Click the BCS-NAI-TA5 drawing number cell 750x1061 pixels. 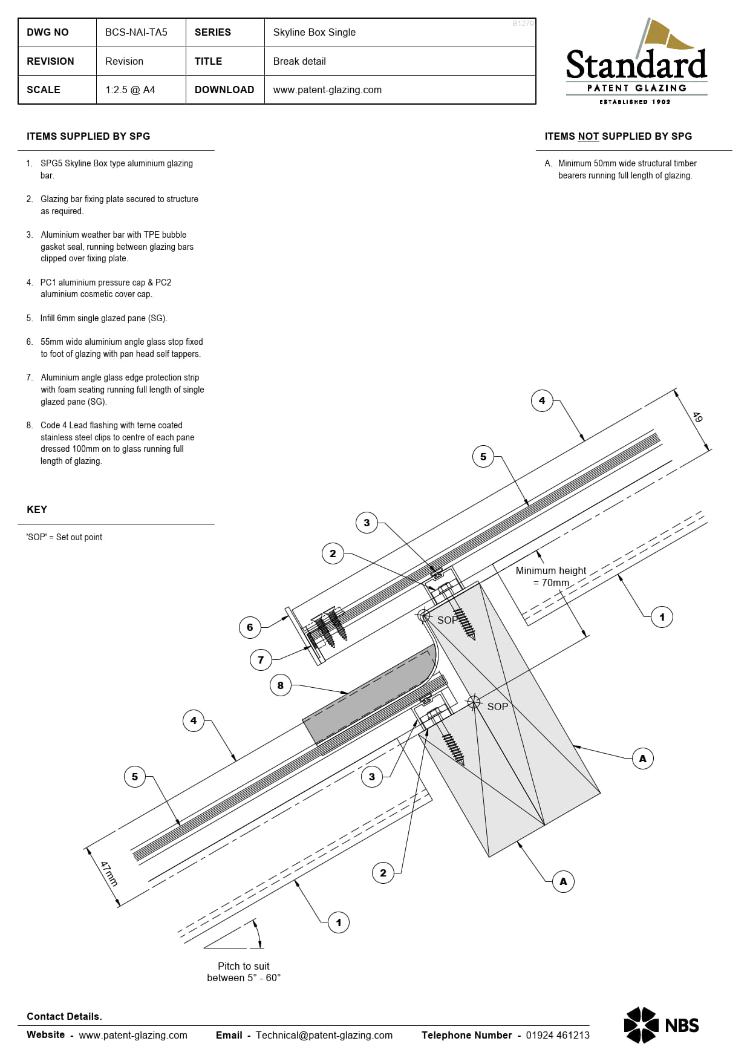(x=136, y=33)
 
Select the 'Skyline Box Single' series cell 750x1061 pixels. (x=314, y=33)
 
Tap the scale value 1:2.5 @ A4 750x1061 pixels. (x=130, y=90)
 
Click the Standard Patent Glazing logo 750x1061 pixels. (x=636, y=64)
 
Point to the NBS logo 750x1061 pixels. (x=661, y=1025)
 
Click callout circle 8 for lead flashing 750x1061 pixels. (x=280, y=685)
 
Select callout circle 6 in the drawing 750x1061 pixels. (x=250, y=627)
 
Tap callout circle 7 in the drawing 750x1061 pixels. (x=261, y=660)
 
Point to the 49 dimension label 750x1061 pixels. (x=697, y=417)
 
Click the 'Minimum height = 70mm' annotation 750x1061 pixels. (x=550, y=576)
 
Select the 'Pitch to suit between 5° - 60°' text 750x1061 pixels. (x=244, y=972)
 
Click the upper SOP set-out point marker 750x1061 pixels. (x=425, y=616)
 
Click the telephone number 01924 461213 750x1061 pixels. (x=557, y=1035)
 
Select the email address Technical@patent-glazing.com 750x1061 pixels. (x=324, y=1035)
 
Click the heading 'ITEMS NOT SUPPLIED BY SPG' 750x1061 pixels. (x=618, y=137)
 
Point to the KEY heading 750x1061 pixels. (x=37, y=509)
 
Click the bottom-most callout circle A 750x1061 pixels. (x=563, y=881)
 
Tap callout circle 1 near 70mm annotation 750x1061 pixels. (x=662, y=617)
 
